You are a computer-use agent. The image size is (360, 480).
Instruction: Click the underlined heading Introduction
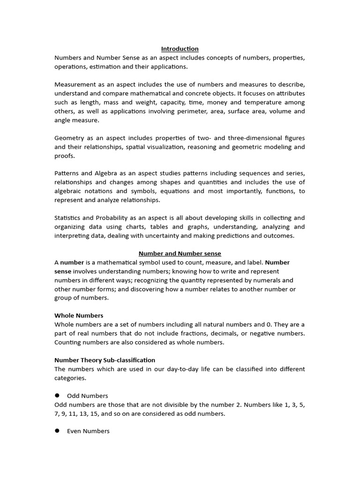point(180,49)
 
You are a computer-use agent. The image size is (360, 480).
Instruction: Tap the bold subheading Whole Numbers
point(79,315)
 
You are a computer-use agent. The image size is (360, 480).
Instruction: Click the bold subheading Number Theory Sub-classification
point(105,360)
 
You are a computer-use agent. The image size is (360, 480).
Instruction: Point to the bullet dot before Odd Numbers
point(57,395)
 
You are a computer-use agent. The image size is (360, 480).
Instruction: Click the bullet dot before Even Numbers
point(57,430)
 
